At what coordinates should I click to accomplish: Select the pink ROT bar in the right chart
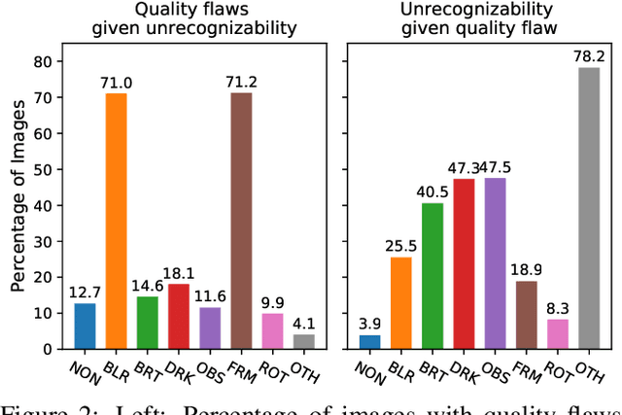(x=558, y=333)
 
